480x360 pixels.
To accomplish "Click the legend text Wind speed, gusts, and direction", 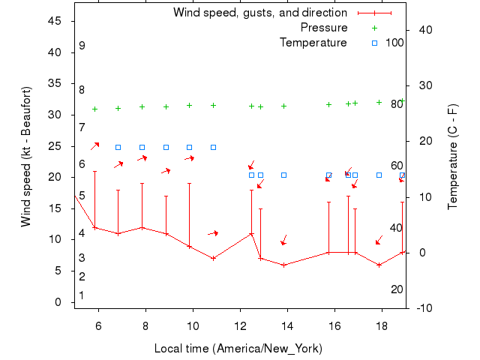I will [x=259, y=13].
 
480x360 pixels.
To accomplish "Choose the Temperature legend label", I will [x=313, y=43].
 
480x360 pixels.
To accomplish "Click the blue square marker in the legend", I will [x=375, y=43].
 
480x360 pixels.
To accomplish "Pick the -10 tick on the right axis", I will [x=422, y=308].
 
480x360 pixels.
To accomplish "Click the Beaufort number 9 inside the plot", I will [x=82, y=46].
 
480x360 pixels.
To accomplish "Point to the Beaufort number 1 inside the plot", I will [x=82, y=295].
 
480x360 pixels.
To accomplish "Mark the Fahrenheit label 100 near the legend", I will [x=394, y=43].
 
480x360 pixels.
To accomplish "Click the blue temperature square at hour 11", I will [x=213, y=147].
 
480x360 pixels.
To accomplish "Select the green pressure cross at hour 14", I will [x=283, y=106].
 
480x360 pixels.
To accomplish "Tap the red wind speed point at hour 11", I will [x=213, y=258].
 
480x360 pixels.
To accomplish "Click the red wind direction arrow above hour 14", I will [x=283, y=240].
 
